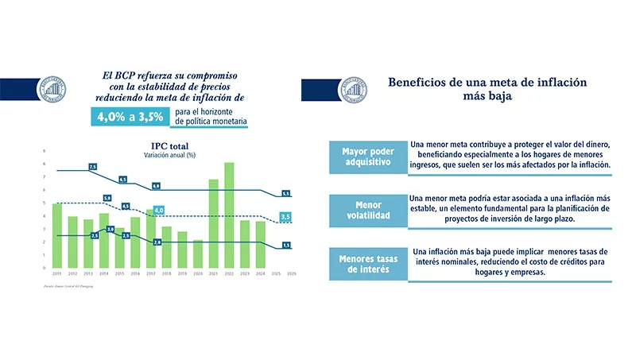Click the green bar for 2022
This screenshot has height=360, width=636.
click(229, 215)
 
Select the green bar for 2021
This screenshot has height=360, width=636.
click(213, 223)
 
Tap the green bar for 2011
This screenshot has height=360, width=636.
click(57, 235)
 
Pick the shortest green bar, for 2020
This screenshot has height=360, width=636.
click(198, 253)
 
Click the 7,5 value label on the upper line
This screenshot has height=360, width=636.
click(92, 167)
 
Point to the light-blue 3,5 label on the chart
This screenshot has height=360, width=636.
click(286, 217)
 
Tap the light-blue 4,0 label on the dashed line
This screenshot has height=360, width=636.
click(158, 211)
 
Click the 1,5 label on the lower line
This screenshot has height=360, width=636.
click(286, 245)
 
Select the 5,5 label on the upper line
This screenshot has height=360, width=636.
click(286, 193)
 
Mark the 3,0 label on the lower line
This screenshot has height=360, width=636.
click(111, 229)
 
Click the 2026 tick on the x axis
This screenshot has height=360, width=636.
click(291, 273)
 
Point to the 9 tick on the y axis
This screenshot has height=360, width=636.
click(45, 150)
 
